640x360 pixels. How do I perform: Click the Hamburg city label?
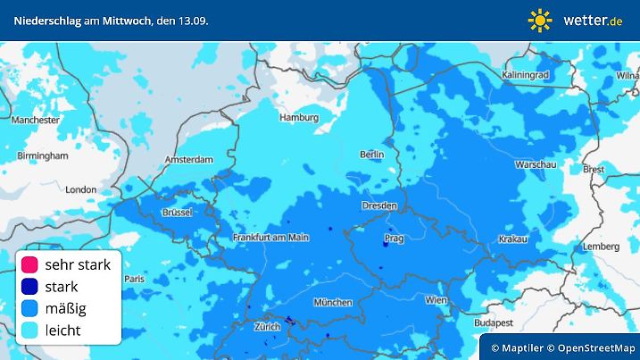(x=298, y=117)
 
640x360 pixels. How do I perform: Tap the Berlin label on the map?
(x=371, y=155)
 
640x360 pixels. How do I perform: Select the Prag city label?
(x=393, y=239)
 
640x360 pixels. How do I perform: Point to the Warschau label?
(x=536, y=165)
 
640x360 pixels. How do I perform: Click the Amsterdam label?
(x=189, y=160)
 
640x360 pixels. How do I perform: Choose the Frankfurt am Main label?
(x=270, y=237)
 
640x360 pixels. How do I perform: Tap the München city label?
(x=332, y=302)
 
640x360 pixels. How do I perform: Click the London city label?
(x=80, y=189)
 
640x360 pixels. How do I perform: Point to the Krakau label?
(x=513, y=239)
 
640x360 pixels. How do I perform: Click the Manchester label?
(x=36, y=119)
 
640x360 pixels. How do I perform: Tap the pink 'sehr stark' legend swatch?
(x=29, y=264)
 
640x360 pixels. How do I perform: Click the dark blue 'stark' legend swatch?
(x=29, y=287)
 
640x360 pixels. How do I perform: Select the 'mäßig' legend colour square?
(x=29, y=308)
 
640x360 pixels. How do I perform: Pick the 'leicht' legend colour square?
(x=29, y=331)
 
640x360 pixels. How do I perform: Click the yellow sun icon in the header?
(x=540, y=20)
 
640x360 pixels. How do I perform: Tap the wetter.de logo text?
(x=593, y=20)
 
